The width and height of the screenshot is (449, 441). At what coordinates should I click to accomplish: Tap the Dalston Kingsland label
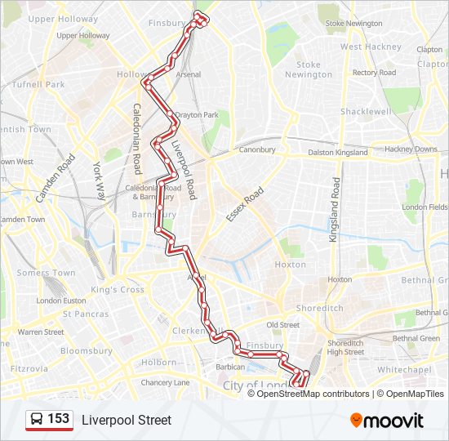tap(338, 153)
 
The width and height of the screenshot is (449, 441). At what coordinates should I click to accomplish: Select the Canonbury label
tap(257, 149)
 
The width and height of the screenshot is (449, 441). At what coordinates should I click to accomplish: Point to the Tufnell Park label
tap(38, 84)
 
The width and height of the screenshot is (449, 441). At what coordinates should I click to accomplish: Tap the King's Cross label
tap(117, 290)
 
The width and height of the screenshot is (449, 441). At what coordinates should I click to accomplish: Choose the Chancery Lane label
tap(165, 382)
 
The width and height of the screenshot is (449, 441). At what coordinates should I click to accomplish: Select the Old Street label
tap(283, 324)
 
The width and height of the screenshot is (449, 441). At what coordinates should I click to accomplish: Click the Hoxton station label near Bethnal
tap(339, 279)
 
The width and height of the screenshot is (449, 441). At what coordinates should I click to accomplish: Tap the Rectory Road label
tap(374, 73)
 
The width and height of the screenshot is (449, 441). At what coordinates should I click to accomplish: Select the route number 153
tap(59, 419)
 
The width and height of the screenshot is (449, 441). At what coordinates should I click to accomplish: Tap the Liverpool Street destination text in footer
tap(127, 420)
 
